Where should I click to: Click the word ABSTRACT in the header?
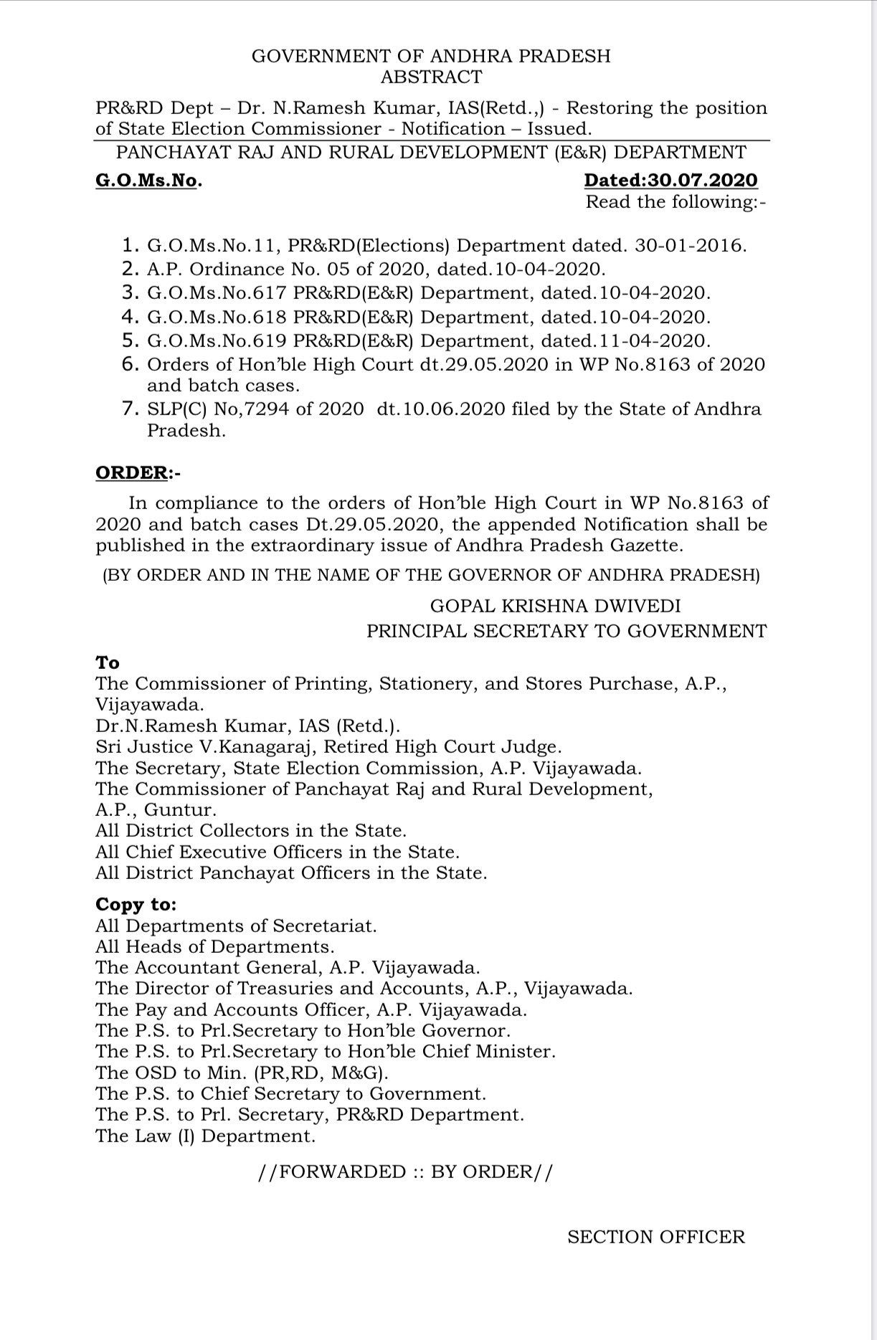431,77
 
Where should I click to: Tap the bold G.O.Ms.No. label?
148,181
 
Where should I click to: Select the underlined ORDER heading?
131,473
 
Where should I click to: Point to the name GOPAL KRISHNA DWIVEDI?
555,606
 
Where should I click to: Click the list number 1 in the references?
130,245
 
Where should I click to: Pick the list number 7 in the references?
130,409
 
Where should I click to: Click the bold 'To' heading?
108,662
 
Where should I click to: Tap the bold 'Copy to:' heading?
136,905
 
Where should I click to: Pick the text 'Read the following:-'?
675,202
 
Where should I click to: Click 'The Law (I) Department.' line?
205,1136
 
